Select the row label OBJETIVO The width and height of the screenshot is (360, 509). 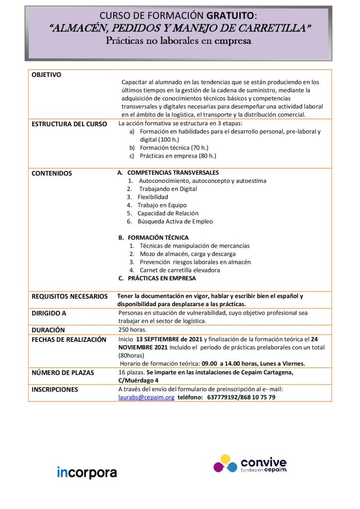[46, 75]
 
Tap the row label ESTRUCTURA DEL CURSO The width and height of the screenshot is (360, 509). [69, 124]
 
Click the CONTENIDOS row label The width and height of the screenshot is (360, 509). [52, 173]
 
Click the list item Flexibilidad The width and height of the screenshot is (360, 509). [153, 197]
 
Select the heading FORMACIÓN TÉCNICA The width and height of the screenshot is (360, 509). [158, 238]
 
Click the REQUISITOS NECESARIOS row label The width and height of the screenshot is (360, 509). [70, 296]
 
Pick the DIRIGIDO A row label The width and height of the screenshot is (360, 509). [49, 314]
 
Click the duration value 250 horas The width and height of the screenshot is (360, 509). [133, 330]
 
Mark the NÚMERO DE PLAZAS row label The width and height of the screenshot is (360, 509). [63, 372]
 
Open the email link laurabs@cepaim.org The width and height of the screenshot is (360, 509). [146, 398]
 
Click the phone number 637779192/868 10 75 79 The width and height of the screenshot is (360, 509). [240, 398]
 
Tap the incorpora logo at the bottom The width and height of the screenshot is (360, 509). [87, 472]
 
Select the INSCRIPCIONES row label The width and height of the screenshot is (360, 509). [55, 390]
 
